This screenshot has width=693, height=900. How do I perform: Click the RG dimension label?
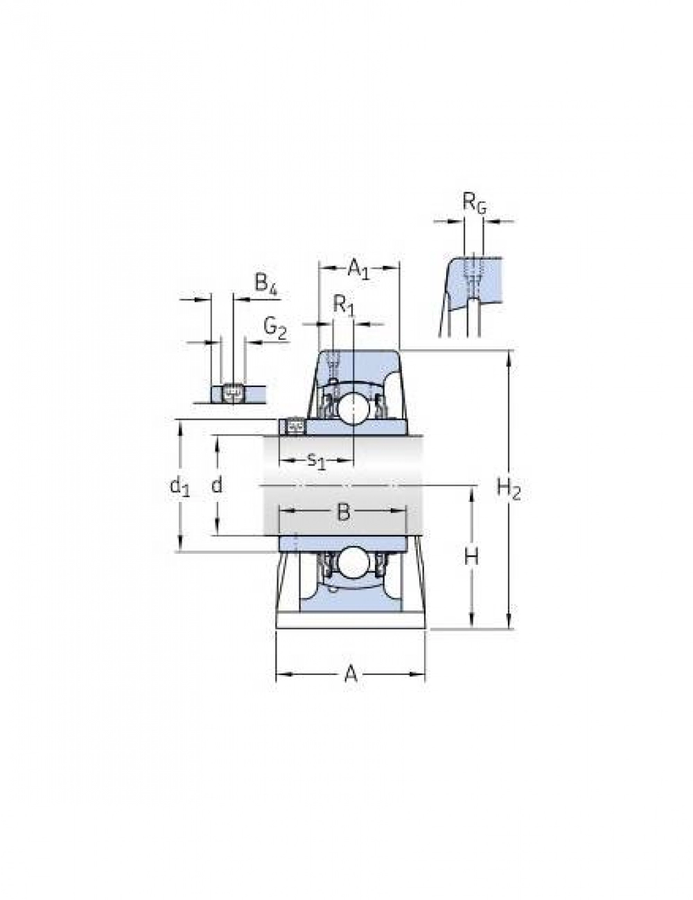coord(475,204)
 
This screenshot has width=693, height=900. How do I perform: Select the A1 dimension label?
coord(358,269)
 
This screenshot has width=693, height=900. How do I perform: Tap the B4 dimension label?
coord(265,284)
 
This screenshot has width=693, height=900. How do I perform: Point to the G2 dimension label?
coord(275,330)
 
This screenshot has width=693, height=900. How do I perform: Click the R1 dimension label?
coord(344,307)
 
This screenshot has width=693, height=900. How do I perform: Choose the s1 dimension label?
coord(316,460)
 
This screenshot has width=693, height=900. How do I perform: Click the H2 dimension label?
coord(509,489)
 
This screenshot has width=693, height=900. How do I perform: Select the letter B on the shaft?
coord(344,512)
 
